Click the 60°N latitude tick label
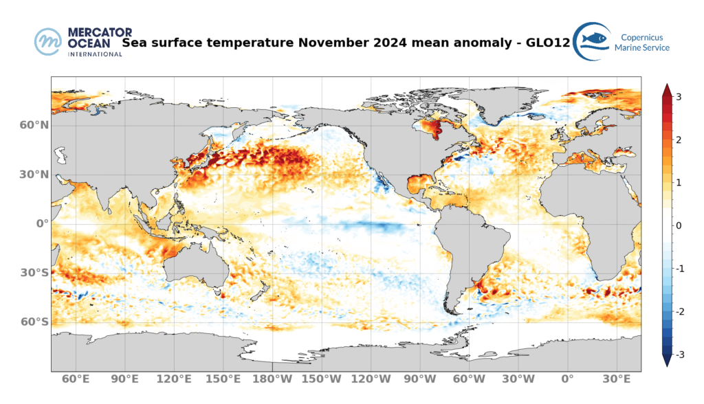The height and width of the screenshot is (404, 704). [x=34, y=126]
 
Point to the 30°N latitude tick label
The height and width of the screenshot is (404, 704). [x=34, y=175]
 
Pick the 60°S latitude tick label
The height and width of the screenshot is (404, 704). [x=34, y=322]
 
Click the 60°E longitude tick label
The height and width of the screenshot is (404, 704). [x=76, y=379]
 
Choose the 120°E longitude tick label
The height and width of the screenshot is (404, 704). [x=174, y=379]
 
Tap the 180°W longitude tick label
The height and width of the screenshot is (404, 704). [x=272, y=379]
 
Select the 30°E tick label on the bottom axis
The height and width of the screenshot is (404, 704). [x=617, y=379]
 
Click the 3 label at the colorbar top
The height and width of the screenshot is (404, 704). [x=679, y=97]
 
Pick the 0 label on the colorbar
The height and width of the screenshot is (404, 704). [x=679, y=226]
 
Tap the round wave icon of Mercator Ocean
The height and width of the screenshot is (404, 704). [x=49, y=41]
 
